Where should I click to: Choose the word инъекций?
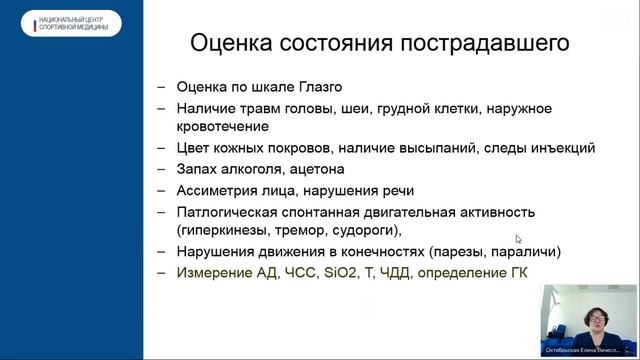point(561,148)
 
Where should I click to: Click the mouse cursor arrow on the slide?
point(518,239)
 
